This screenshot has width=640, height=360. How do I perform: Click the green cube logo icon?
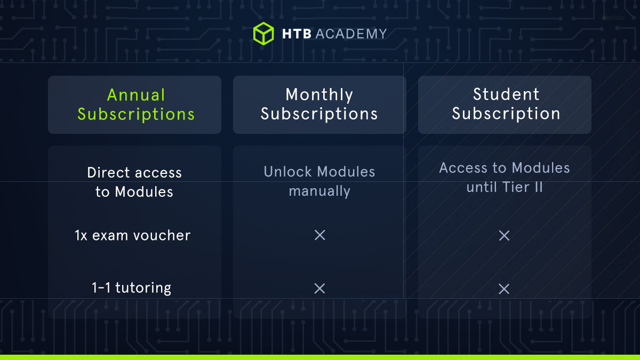click(x=263, y=33)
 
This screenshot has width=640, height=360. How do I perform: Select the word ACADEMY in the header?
click(x=351, y=34)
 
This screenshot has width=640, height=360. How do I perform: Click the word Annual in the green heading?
click(x=136, y=95)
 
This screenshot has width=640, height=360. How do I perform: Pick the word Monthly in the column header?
click(x=319, y=95)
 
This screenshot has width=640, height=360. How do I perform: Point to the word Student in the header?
click(x=506, y=94)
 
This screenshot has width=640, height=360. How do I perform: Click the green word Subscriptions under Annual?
click(x=136, y=114)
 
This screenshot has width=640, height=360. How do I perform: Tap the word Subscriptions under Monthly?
click(x=319, y=114)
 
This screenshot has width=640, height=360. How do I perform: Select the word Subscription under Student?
click(x=506, y=114)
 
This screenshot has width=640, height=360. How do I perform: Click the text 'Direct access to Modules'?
click(x=134, y=182)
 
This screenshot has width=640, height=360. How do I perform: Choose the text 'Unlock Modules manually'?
click(x=319, y=181)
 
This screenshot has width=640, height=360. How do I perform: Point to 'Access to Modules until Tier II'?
click(x=505, y=178)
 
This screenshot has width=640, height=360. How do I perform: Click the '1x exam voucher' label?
click(x=133, y=235)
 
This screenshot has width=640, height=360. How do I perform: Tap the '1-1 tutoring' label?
click(x=131, y=288)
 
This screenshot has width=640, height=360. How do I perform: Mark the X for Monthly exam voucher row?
click(x=320, y=235)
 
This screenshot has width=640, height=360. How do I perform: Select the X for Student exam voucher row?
click(x=504, y=236)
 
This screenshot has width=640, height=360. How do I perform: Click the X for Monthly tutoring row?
click(x=319, y=289)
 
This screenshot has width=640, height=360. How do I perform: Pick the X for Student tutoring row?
click(x=504, y=289)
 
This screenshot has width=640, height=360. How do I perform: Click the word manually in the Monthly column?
click(x=319, y=191)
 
